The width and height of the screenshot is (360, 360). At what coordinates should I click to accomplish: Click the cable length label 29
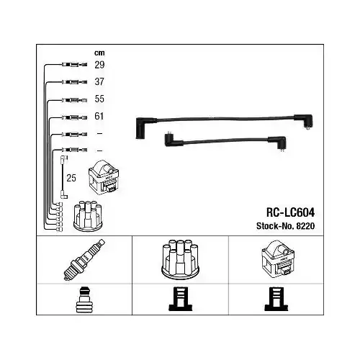pos(99,65)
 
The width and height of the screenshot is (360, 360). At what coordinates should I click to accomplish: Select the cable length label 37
pos(99,82)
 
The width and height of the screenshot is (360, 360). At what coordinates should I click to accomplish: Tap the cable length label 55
pos(99,99)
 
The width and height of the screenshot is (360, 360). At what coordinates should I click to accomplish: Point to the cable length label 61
pos(99,116)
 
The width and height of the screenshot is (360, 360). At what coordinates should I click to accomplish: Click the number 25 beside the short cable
pos(71,178)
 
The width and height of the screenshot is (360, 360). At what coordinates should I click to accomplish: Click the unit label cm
pos(99,53)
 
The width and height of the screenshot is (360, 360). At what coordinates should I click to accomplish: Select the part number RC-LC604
pos(290,212)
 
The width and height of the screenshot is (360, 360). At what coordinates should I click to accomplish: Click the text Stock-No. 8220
pos(285,226)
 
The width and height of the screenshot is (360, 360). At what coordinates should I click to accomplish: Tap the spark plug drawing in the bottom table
pos(84,260)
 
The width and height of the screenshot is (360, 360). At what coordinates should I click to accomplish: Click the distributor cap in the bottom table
pos(180,259)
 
